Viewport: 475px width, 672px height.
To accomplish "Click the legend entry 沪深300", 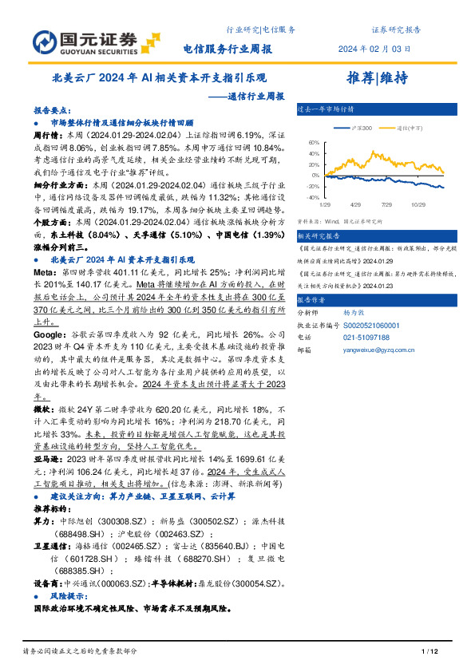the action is coord(362,128).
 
